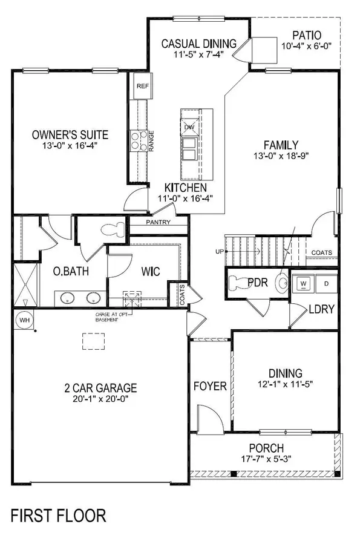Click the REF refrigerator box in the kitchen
pos(143,87)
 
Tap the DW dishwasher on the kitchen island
pos(189,127)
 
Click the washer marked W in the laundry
pos(304,283)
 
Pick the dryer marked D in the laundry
pos(325,283)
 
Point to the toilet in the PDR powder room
pos(281,283)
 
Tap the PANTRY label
pos(159,222)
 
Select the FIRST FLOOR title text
pos(54,516)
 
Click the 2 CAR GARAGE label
pos(101,388)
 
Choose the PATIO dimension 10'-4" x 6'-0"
pos(306,46)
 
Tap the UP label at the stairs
pos(220,251)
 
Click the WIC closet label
pos(151,271)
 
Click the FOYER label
pos(209,386)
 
